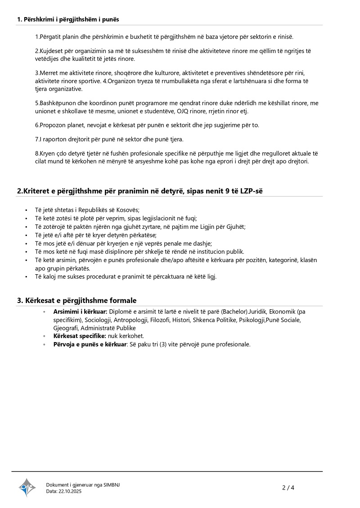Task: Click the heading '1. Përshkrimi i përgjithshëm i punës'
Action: click(x=68, y=19)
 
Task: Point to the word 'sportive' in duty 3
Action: click(x=89, y=81)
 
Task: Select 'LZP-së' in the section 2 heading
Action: click(x=251, y=191)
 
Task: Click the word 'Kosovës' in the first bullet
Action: click(x=128, y=210)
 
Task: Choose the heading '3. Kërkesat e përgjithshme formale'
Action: click(x=76, y=300)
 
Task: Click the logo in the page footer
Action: click(x=27, y=487)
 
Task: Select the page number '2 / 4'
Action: click(x=288, y=487)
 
